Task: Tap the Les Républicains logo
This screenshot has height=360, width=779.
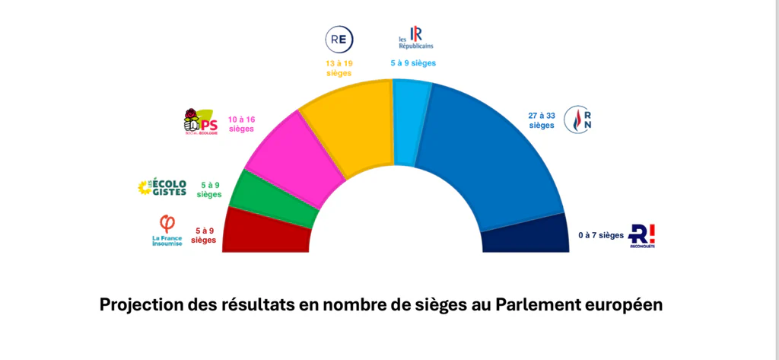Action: (x=415, y=39)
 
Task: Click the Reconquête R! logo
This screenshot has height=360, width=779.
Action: (x=642, y=236)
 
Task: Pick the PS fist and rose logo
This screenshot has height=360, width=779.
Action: (x=201, y=122)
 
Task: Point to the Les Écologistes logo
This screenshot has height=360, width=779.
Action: (x=161, y=187)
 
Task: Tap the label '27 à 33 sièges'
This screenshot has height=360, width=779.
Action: (x=542, y=120)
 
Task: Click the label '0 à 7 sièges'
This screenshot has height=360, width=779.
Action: (x=600, y=235)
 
